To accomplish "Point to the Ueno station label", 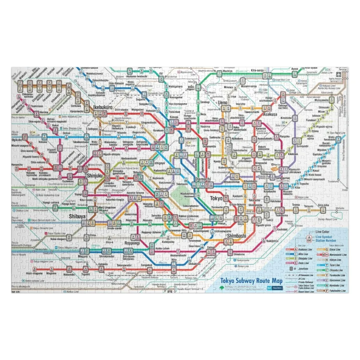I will pyautogui.click(x=223, y=103).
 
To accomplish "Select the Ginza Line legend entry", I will pyautogui.click(x=339, y=249).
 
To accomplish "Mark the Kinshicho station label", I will pyautogui.click(x=286, y=118).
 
